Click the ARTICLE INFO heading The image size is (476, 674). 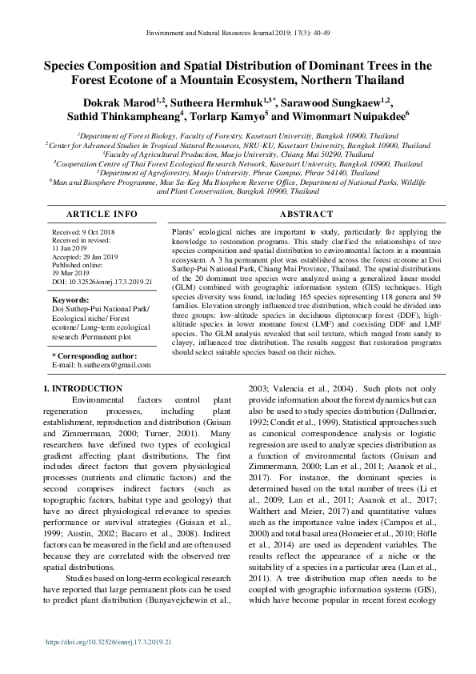pyautogui.click(x=90, y=215)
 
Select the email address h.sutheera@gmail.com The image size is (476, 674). pyautogui.click(x=107, y=365)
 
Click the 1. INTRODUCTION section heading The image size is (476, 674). pyautogui.click(x=82, y=389)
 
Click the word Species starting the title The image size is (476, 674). pyautogui.click(x=70, y=66)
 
